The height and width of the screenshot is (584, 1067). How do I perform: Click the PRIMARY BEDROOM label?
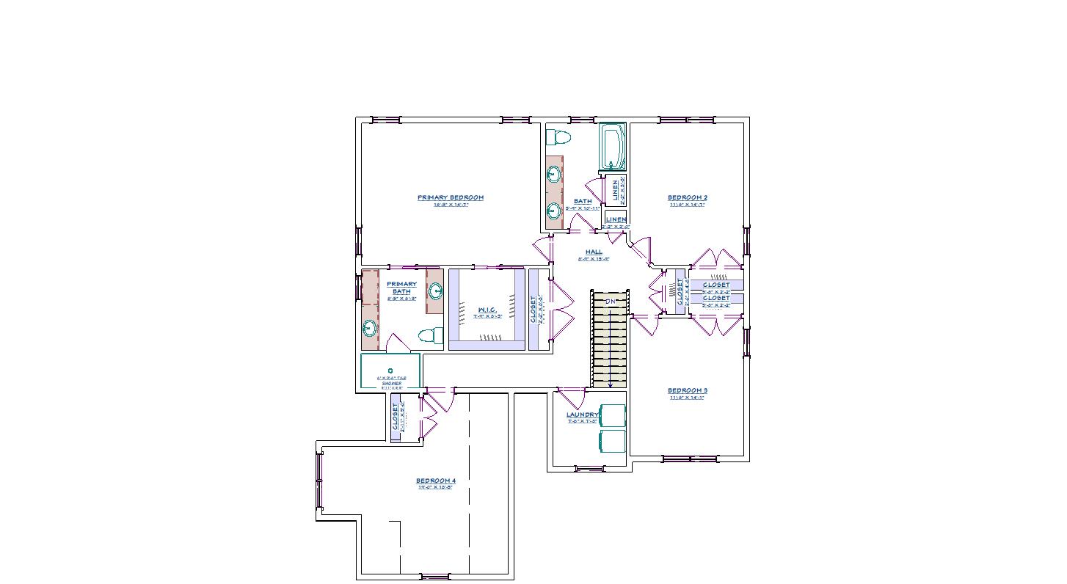(x=450, y=197)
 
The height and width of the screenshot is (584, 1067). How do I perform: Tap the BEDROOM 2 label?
(x=687, y=197)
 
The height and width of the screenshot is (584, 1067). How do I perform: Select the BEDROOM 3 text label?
(x=687, y=390)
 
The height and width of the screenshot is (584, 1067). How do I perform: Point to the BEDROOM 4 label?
(x=437, y=481)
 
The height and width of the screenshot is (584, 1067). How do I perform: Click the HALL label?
(x=594, y=252)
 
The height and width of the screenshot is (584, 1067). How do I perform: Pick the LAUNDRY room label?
(x=583, y=415)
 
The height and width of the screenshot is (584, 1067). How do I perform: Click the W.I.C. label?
(x=486, y=310)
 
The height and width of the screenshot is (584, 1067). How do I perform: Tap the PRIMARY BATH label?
(x=401, y=288)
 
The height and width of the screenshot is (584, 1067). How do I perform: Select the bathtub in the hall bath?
(x=611, y=147)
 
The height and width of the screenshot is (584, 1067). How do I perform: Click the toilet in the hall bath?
(x=560, y=136)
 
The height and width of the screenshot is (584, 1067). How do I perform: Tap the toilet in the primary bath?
(x=430, y=335)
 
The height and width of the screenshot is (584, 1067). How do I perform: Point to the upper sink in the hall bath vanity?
(x=554, y=175)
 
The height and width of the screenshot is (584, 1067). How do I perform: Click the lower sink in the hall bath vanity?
(x=554, y=211)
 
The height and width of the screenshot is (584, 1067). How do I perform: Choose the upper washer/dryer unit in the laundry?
(x=613, y=415)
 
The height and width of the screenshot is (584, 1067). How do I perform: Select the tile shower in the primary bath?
(x=390, y=372)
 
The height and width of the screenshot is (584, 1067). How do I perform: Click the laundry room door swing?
(x=569, y=401)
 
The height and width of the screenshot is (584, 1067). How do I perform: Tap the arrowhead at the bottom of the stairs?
(x=610, y=384)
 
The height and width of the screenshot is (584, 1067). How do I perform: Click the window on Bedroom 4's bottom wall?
(x=434, y=576)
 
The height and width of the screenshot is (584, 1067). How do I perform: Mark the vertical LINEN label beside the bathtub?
(x=616, y=190)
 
